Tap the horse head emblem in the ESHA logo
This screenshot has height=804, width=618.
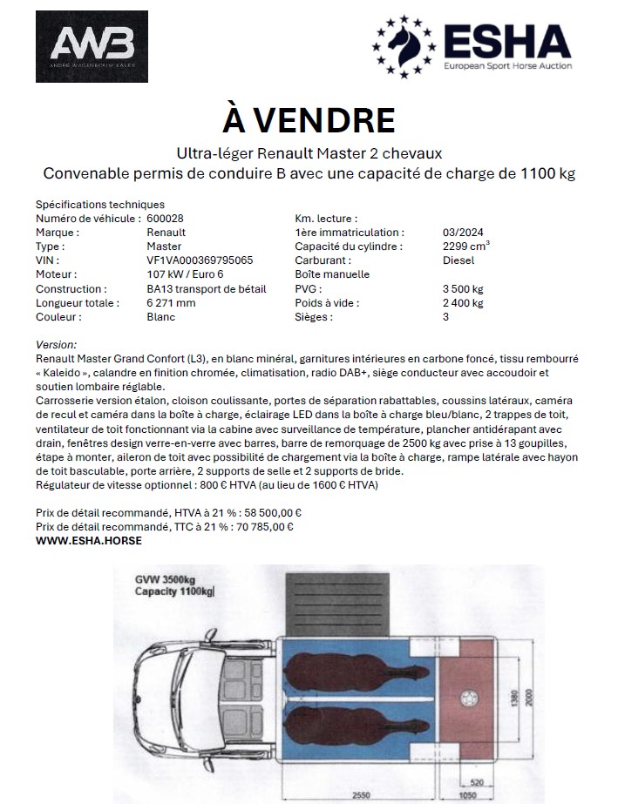coord(405,44)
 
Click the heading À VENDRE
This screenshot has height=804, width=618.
coord(309,119)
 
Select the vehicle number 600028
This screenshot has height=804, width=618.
coord(165,219)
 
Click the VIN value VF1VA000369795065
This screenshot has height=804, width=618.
coord(200,260)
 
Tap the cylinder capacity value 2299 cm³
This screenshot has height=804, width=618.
coord(466,247)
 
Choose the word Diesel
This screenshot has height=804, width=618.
coord(458,260)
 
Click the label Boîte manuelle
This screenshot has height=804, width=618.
coord(332,274)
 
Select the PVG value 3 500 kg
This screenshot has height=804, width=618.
coord(463,288)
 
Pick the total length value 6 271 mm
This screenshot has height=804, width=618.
coord(172,302)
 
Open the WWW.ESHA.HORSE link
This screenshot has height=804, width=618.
coord(89,540)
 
